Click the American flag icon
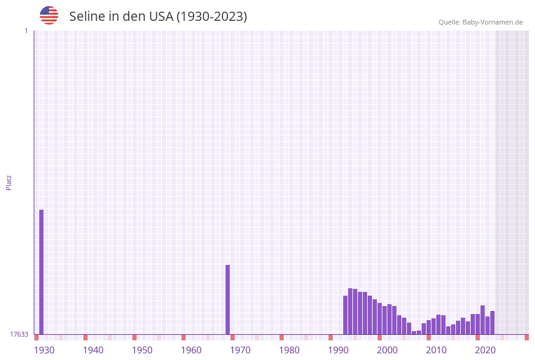click(x=49, y=15)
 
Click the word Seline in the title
click(x=86, y=17)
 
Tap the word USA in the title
click(x=161, y=17)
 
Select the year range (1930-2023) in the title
click(x=212, y=17)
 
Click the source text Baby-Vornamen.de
click(x=493, y=22)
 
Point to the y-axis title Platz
click(x=9, y=182)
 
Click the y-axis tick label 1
click(x=26, y=31)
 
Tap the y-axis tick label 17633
click(x=19, y=334)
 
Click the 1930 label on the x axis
click(x=44, y=350)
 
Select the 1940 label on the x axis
click(x=93, y=350)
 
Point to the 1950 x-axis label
click(x=142, y=350)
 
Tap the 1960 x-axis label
click(x=191, y=350)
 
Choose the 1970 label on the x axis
click(x=240, y=350)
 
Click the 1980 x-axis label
click(x=289, y=350)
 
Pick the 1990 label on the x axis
click(x=338, y=350)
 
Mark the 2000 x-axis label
click(x=387, y=350)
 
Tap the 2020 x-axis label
click(x=485, y=350)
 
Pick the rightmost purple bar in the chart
click(x=492, y=323)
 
